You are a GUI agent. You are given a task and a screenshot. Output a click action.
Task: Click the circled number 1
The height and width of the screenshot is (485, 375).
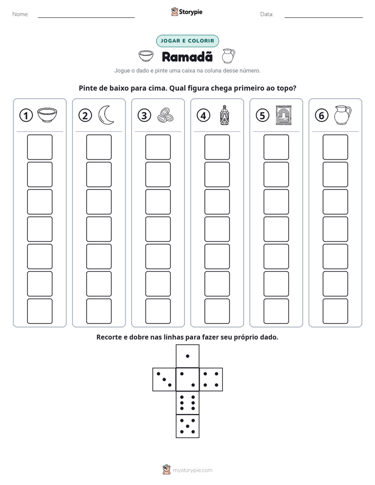pos(26,115)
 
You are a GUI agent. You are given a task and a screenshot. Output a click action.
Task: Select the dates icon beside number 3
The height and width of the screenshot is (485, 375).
pos(165,115)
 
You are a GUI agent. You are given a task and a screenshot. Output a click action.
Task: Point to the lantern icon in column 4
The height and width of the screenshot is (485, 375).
pos(224,115)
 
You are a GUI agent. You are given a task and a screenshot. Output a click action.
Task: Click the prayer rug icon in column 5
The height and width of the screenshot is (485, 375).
pos(284,115)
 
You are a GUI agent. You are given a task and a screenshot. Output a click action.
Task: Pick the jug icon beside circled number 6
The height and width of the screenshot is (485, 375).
pos(342,115)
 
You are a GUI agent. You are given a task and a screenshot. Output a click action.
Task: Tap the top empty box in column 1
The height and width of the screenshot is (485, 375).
pos(39,147)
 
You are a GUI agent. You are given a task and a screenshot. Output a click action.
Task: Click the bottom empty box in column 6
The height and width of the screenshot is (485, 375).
pos(335,311)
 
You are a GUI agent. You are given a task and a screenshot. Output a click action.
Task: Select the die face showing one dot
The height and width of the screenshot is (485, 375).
pos(187,356)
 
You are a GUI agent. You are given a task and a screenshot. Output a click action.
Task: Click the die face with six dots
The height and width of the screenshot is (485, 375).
pos(187,403)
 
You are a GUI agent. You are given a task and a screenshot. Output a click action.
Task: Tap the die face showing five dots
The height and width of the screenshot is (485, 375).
pos(187,426)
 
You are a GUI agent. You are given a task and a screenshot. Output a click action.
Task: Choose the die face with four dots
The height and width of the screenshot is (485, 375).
pos(211,379)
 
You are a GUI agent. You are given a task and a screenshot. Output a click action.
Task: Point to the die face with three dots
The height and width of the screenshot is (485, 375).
pos(164,379)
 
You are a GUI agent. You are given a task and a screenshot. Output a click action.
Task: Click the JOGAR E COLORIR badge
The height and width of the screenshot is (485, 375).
pos(187,41)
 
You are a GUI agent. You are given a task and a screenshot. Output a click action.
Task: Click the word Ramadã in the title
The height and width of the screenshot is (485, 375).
pos(187,57)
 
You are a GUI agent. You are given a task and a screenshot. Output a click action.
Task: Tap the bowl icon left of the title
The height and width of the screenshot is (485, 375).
pos(146,56)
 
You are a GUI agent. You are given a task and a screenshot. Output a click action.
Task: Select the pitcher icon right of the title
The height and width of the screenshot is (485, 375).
pos(228,56)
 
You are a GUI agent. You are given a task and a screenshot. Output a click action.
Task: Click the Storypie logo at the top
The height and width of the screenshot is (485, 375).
pos(186,12)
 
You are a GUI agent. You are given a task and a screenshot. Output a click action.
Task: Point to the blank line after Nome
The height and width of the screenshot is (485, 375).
pos(86,17)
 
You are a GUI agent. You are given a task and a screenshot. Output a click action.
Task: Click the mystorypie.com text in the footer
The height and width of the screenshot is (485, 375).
pos(192,470)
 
